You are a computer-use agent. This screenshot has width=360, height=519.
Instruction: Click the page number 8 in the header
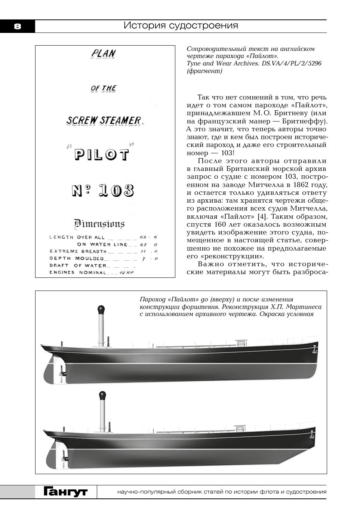(17, 27)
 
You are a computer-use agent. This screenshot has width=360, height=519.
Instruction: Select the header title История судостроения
(181, 25)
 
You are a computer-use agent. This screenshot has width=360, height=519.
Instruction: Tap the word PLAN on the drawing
(103, 54)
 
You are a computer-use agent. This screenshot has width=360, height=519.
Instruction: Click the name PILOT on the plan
(102, 155)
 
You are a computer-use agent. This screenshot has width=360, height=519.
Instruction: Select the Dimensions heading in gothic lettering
(99, 224)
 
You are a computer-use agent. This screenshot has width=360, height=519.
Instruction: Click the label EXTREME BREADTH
(78, 251)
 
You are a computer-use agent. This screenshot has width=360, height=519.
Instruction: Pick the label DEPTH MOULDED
(77, 258)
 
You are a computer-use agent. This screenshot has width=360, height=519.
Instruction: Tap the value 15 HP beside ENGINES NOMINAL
(126, 273)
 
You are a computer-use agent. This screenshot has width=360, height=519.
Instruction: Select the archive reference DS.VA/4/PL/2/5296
(291, 63)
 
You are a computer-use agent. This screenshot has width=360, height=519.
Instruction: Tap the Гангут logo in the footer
(66, 492)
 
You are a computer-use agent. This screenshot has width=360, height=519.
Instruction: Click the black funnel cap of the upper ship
(101, 310)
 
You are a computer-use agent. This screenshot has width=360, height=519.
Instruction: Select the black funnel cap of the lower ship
(102, 395)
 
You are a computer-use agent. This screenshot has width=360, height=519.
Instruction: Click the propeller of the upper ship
(62, 373)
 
